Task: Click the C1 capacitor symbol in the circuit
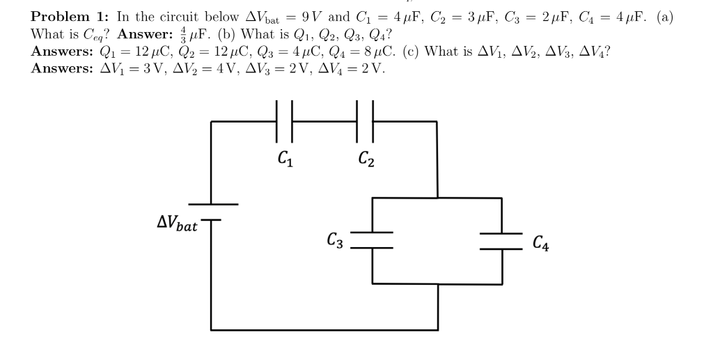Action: click(285, 120)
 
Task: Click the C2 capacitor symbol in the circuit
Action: click(366, 120)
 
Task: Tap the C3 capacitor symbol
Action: click(373, 240)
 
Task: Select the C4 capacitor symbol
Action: click(501, 240)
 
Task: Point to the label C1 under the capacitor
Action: click(285, 159)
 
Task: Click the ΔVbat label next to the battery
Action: click(177, 224)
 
